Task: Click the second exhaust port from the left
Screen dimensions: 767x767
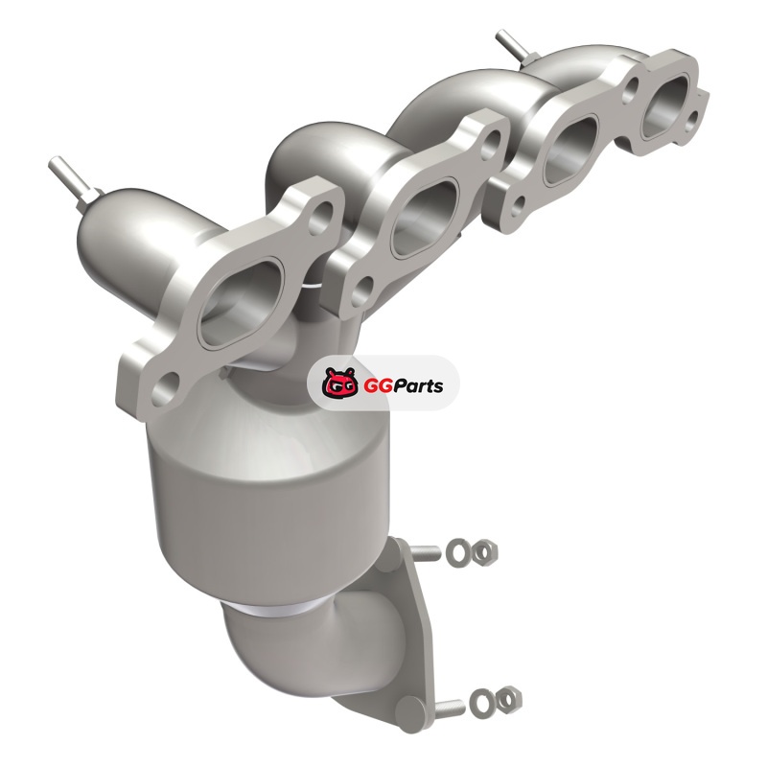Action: pos(424,218)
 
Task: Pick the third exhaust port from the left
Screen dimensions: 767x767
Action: pos(570,151)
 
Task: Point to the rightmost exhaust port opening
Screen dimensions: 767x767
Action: pos(666,106)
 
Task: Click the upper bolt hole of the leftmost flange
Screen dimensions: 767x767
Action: pos(321,217)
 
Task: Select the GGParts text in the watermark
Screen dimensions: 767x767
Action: pos(403,385)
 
